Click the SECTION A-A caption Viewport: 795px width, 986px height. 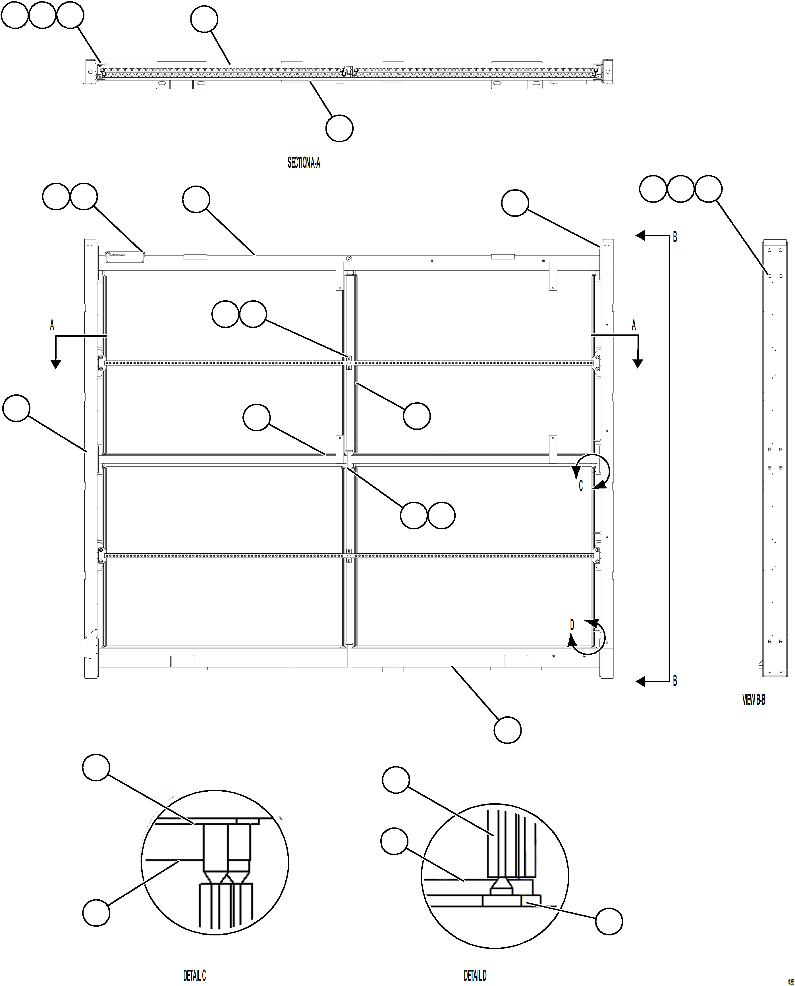pos(304,163)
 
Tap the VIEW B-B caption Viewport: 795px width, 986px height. pos(753,700)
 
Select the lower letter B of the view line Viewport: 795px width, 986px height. pos(674,681)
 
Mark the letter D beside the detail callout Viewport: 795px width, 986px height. pos(572,624)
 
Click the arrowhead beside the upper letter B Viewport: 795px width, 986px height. pos(640,236)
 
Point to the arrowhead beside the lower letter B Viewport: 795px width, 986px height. pos(640,682)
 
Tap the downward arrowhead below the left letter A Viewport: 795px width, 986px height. pos(55,364)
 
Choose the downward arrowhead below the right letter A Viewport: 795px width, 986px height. pos(638,364)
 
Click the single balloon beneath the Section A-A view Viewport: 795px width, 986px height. pos(339,128)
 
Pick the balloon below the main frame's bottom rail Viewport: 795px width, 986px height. pos(507,730)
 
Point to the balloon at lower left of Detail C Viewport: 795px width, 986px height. pos(96,912)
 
